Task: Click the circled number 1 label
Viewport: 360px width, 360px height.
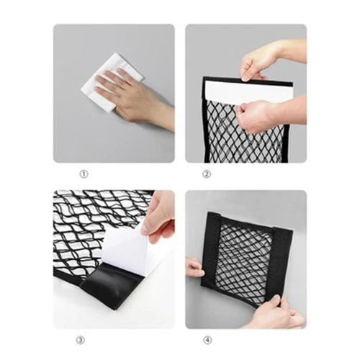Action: click(x=84, y=174)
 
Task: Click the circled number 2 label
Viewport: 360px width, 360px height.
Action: click(x=207, y=174)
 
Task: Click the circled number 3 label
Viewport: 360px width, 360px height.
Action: click(x=81, y=341)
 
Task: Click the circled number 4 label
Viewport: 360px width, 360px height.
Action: click(x=207, y=341)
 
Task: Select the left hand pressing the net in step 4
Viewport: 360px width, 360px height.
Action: click(x=194, y=268)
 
